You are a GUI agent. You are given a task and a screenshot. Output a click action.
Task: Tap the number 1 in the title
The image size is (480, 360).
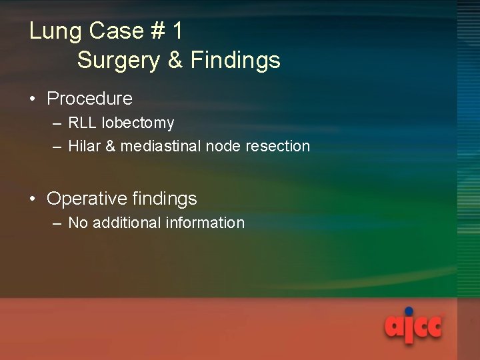177,31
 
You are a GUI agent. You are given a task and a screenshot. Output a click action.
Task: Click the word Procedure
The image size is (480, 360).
89,99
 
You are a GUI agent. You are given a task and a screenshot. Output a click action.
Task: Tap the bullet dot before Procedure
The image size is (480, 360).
33,99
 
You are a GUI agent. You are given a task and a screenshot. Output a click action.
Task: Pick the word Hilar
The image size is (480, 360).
83,146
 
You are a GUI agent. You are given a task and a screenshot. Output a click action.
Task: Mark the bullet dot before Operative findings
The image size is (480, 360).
33,199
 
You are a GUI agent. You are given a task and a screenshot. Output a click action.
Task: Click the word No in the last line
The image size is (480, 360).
78,223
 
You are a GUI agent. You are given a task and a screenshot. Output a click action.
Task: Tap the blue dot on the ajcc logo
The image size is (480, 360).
409,311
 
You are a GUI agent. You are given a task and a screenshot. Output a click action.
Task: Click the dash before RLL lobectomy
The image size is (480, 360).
56,124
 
